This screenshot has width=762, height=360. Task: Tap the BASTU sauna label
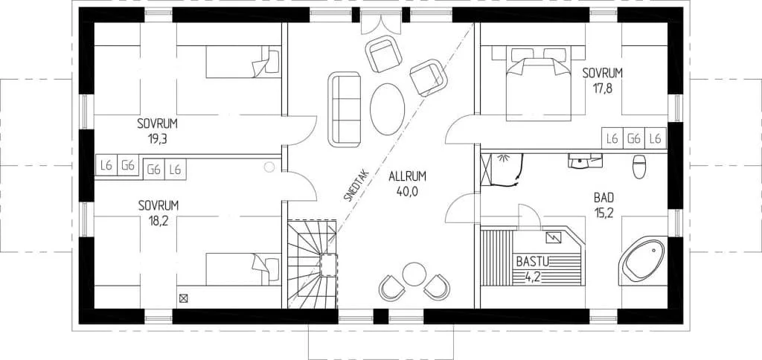coord(533,263)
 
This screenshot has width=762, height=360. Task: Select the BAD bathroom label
coord(603,198)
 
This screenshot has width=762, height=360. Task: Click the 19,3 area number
coord(158,139)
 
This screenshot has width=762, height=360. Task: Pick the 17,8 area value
coord(603,89)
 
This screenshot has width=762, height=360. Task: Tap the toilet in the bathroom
coord(638,167)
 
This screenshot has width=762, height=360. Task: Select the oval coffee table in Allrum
coord(387,109)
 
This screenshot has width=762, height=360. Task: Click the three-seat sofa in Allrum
coord(344,109)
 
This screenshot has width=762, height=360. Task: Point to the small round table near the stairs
coord(414,274)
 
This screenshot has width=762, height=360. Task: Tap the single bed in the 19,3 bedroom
coord(243,62)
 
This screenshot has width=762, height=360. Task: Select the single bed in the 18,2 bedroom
coord(243,269)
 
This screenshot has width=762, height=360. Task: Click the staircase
coord(312,264)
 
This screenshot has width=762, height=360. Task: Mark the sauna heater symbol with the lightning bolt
coord(554,237)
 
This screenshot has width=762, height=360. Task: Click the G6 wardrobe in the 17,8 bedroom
coord(634,138)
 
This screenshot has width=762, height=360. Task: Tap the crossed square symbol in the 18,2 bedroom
coord(183,299)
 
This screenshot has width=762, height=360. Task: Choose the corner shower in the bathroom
coord(502,170)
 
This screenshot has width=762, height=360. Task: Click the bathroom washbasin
coord(585,161)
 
